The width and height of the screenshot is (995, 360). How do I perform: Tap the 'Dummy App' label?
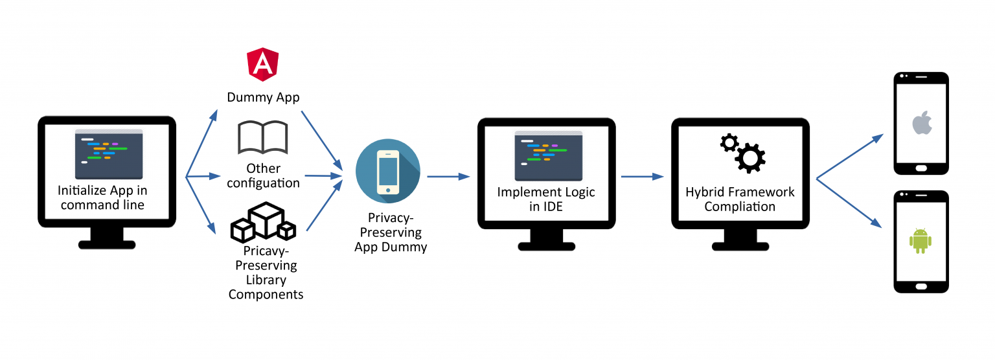[x=263, y=98]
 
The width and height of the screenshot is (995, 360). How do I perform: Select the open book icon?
[x=263, y=137]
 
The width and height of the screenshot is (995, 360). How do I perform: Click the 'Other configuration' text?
[x=263, y=175]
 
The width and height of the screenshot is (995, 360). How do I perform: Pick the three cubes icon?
[x=263, y=221]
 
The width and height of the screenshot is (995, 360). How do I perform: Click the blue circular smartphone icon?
[x=388, y=171]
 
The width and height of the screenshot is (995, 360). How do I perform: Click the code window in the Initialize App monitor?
[x=108, y=154]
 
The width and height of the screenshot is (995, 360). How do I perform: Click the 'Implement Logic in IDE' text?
[x=545, y=199]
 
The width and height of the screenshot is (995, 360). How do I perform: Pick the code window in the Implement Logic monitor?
[x=548, y=155]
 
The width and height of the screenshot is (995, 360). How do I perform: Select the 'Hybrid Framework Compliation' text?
[x=740, y=199]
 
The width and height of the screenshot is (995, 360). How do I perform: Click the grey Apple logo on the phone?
[x=921, y=123]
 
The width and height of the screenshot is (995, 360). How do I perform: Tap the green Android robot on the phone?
[x=921, y=240]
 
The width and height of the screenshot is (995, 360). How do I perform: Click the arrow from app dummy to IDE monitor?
[x=448, y=176]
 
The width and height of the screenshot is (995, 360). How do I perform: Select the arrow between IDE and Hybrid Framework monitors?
[x=643, y=176]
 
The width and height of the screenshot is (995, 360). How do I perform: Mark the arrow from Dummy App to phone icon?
[x=322, y=139]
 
